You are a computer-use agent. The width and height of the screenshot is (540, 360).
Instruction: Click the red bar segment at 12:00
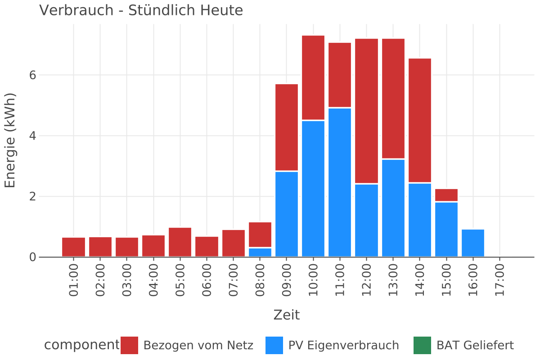[x=366, y=111]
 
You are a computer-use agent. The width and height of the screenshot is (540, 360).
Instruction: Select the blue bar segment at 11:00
[x=340, y=182]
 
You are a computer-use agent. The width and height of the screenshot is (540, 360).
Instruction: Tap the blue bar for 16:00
[x=473, y=243]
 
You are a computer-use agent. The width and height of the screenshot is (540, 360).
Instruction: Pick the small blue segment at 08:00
[x=260, y=252]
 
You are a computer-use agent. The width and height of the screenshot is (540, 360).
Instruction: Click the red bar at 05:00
[x=180, y=242]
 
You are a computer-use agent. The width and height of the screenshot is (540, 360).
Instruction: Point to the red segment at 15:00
[x=446, y=195]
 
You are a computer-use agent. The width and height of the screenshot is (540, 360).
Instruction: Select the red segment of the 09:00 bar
[x=287, y=127]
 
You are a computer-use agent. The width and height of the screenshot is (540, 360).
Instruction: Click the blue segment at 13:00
[x=393, y=208]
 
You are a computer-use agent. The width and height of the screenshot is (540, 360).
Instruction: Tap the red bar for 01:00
[x=73, y=247]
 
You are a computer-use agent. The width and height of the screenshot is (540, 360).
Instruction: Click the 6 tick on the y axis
[x=32, y=75]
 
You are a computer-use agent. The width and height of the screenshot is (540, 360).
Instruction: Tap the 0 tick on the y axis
[x=32, y=257]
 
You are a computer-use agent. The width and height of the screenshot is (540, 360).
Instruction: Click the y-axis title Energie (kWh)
[x=10, y=140]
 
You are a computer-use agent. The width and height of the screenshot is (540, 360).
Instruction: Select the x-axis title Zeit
[x=287, y=315]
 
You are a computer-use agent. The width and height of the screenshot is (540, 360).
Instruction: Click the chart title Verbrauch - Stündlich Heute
[x=141, y=10]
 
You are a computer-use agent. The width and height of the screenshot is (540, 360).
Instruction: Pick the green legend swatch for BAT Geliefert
[x=422, y=346]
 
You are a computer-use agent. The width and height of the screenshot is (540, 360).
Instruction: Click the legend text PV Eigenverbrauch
[x=343, y=346]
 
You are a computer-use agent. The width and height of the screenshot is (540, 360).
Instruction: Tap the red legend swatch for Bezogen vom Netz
[x=130, y=346]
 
